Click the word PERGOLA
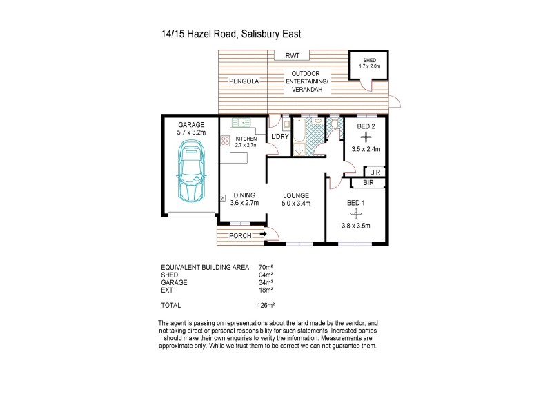[244, 81]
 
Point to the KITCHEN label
[246, 138]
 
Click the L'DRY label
[279, 137]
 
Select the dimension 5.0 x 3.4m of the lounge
[296, 203]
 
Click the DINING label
[244, 195]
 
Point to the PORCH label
[239, 236]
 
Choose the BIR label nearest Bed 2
[375, 172]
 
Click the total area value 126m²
[266, 305]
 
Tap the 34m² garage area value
[266, 282]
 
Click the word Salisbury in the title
[266, 33]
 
